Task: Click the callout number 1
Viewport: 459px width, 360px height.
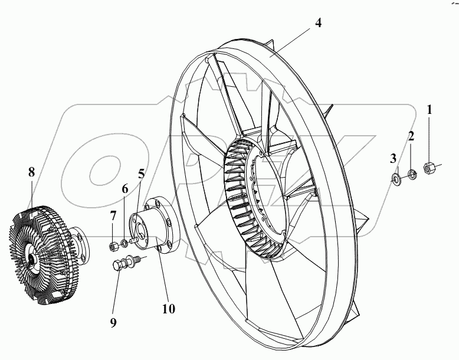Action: [x=430, y=109]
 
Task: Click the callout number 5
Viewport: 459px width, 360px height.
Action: [x=142, y=175]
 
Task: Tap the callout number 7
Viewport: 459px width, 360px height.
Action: [x=113, y=216]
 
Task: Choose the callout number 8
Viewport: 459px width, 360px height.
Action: [x=31, y=172]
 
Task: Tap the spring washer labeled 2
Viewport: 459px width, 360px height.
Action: [x=412, y=173]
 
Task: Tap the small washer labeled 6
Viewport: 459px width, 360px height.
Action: [x=124, y=243]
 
